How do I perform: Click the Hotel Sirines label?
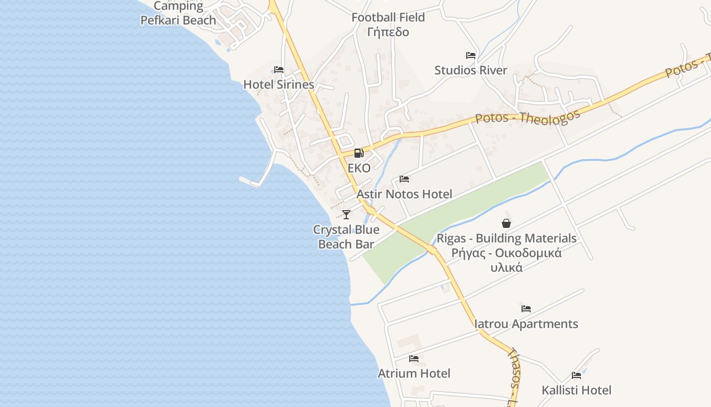(279, 84)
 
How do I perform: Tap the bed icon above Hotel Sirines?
(279, 70)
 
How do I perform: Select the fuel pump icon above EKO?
(359, 153)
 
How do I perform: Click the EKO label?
(359, 168)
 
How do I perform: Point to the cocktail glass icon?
(346, 214)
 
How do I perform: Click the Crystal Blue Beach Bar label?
(346, 237)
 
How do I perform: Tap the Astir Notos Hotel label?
(404, 194)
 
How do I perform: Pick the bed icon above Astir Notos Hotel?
(404, 179)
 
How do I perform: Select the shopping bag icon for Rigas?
(506, 223)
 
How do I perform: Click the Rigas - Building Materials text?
(507, 238)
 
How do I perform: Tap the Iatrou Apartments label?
(526, 324)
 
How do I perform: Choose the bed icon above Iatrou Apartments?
(526, 309)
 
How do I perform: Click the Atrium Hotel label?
(414, 373)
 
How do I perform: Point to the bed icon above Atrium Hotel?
(414, 359)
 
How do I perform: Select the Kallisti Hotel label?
(576, 390)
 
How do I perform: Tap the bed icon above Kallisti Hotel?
(576, 375)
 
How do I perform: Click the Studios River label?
(471, 70)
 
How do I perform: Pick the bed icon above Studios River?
(471, 55)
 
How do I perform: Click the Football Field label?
(389, 17)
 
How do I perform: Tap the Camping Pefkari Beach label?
(178, 13)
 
